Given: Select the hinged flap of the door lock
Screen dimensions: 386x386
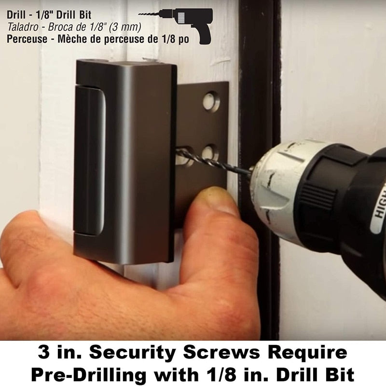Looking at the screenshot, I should point(89,159).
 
